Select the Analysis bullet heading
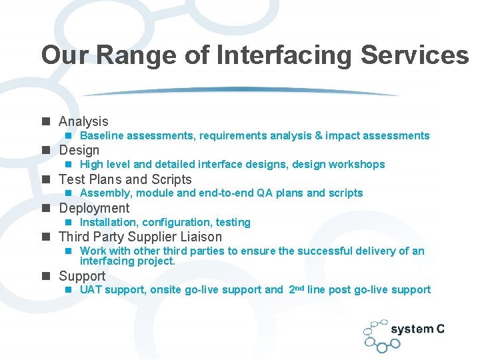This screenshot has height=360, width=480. point(83,121)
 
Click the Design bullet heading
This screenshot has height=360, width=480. point(79,150)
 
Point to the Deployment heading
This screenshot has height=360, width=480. point(94,208)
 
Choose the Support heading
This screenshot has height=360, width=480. point(82,276)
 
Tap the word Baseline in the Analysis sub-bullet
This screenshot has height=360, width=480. point(101,136)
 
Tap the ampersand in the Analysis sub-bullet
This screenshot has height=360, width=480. point(319,136)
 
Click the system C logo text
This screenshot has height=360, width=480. point(417,329)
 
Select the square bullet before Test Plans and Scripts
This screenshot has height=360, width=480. point(45,179)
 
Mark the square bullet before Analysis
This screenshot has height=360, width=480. point(45,121)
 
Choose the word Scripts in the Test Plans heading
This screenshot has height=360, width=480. point(171,179)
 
